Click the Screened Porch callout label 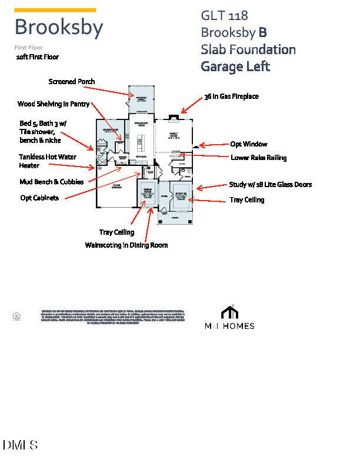pos(72,81)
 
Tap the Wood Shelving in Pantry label pos(54,104)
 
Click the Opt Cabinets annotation pos(39,198)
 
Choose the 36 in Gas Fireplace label pos(231,96)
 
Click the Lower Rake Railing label pos(259,157)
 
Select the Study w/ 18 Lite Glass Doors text pos(270,185)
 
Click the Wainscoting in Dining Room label pos(126,245)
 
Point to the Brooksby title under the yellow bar pos(59,28)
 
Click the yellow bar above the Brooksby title pos(55,10)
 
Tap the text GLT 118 pos(224,15)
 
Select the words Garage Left pos(235,66)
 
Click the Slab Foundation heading pos(248,49)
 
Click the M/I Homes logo pos(229,318)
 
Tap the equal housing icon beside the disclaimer pos(16,317)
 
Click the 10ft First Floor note pos(38,57)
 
